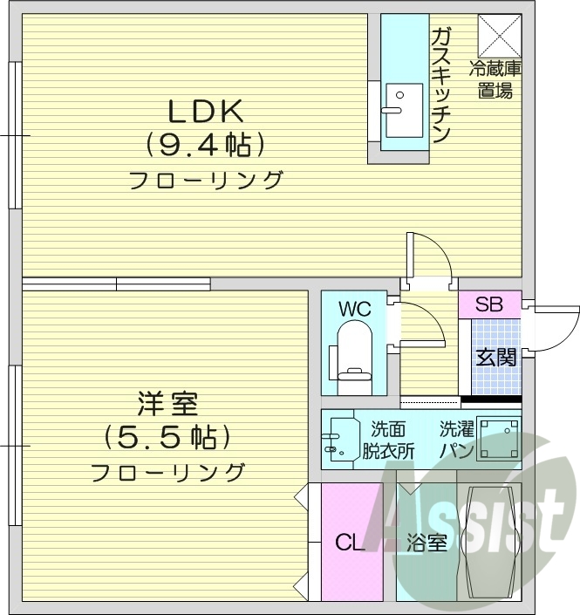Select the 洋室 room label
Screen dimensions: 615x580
pos(167,404)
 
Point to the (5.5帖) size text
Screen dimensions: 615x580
pos(166,435)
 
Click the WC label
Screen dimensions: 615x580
pos(355,309)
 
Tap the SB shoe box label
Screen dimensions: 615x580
pos(489,304)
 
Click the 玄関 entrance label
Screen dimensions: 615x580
pos(495,357)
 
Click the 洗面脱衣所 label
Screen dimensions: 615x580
pos(388,441)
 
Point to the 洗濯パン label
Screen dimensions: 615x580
pos(456,441)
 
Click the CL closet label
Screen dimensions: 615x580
pos(351,543)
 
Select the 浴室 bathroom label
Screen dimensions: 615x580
pos(426,543)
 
